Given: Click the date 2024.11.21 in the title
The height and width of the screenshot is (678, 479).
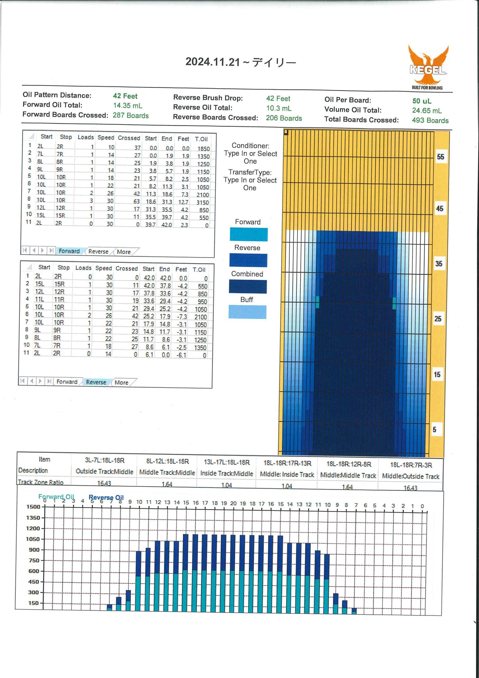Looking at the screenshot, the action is pos(213,62).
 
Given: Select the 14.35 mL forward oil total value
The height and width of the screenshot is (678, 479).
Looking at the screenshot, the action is pos(128,105).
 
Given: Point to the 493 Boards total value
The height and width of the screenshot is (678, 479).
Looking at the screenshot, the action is pos(430,120).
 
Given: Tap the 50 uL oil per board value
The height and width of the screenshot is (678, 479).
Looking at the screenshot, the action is pos(422,101).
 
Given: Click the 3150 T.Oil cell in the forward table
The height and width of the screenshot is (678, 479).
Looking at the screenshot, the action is pos(203,202).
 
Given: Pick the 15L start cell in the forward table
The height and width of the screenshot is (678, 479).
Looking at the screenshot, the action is pos(40,215).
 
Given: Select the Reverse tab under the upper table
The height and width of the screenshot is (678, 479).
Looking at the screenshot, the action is pos(98,251).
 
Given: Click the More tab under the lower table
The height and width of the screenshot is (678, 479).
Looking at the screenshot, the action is pos(121,382).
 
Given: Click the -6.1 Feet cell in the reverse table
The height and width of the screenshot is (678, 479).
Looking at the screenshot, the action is pos(182,355).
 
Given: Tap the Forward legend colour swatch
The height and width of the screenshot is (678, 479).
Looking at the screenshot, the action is pos(248,234).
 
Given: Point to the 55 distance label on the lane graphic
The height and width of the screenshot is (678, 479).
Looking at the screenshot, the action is pos(440,157).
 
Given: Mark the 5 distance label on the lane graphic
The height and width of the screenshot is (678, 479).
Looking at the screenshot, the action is pos(434,429).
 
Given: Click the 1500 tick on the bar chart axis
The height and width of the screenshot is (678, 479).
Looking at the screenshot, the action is pos(33,507).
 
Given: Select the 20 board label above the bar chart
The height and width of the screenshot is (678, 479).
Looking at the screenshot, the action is pos(233,503).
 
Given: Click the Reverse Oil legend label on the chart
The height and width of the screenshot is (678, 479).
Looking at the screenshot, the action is pos(106,498).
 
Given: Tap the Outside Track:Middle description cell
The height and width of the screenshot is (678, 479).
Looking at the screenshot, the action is pos(105,472).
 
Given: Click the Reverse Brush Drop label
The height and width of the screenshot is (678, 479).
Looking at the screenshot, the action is pos(208,98).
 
